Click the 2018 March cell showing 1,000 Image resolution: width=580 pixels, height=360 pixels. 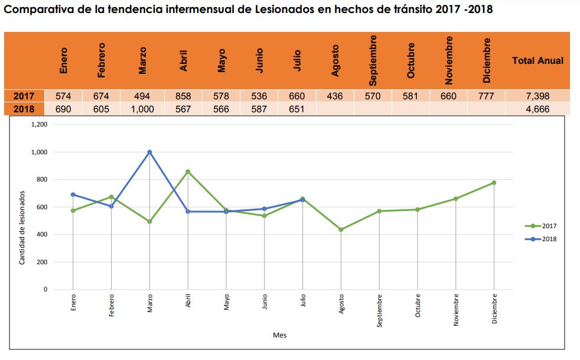142,109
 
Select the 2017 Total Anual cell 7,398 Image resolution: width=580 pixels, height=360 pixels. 537,96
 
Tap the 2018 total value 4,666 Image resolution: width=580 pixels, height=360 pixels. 537,109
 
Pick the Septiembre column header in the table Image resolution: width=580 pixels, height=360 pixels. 373,60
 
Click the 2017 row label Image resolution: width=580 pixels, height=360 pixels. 23,96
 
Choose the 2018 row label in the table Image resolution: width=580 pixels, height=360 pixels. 23,109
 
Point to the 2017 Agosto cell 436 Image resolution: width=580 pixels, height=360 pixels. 334,96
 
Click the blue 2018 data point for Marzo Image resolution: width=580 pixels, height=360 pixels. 149,152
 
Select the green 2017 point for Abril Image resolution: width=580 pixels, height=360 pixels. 188,171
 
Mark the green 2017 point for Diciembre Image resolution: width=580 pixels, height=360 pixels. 494,183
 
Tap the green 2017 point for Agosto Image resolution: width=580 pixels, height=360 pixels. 341,229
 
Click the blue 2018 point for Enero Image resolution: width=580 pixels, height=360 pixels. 73,194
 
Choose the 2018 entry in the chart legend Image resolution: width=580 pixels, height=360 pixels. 541,239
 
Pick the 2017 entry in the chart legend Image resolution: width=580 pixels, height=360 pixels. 541,225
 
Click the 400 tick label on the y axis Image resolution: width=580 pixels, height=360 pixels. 41,235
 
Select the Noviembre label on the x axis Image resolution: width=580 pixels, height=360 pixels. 456,310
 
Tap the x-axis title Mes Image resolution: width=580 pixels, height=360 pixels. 279,335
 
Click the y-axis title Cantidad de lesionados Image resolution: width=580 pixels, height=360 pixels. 22,227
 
